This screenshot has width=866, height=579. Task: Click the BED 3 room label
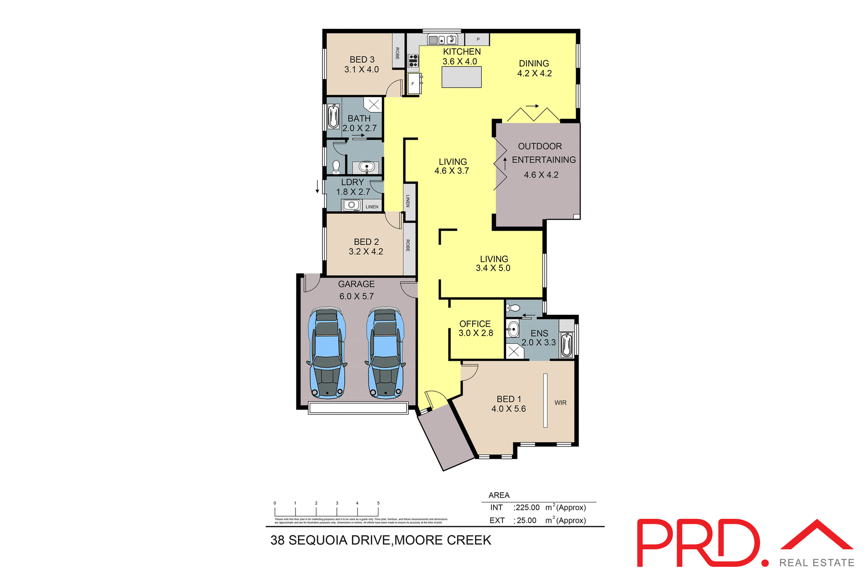click(362, 60)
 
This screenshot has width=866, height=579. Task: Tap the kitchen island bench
click(461, 77)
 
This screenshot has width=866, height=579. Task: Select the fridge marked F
click(413, 84)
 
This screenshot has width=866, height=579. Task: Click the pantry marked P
click(478, 39)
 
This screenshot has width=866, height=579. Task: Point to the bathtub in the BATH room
click(333, 117)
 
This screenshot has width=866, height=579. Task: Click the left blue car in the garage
click(327, 352)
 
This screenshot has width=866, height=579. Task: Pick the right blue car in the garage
click(385, 352)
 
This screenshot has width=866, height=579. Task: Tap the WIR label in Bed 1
click(560, 402)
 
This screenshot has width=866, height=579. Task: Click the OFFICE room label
click(475, 324)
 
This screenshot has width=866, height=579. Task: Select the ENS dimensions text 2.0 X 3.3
click(539, 342)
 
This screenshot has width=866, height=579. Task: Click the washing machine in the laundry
click(351, 205)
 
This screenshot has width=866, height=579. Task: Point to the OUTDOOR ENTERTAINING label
click(543, 153)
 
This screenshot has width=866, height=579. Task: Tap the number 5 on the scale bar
click(378, 503)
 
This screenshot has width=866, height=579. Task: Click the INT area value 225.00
click(528, 508)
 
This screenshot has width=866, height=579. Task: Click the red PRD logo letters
click(697, 543)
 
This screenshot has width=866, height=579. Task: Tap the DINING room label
click(534, 64)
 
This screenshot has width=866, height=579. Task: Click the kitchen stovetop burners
click(413, 61)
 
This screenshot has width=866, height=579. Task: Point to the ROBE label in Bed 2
click(408, 245)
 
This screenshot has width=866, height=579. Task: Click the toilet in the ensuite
click(514, 308)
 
